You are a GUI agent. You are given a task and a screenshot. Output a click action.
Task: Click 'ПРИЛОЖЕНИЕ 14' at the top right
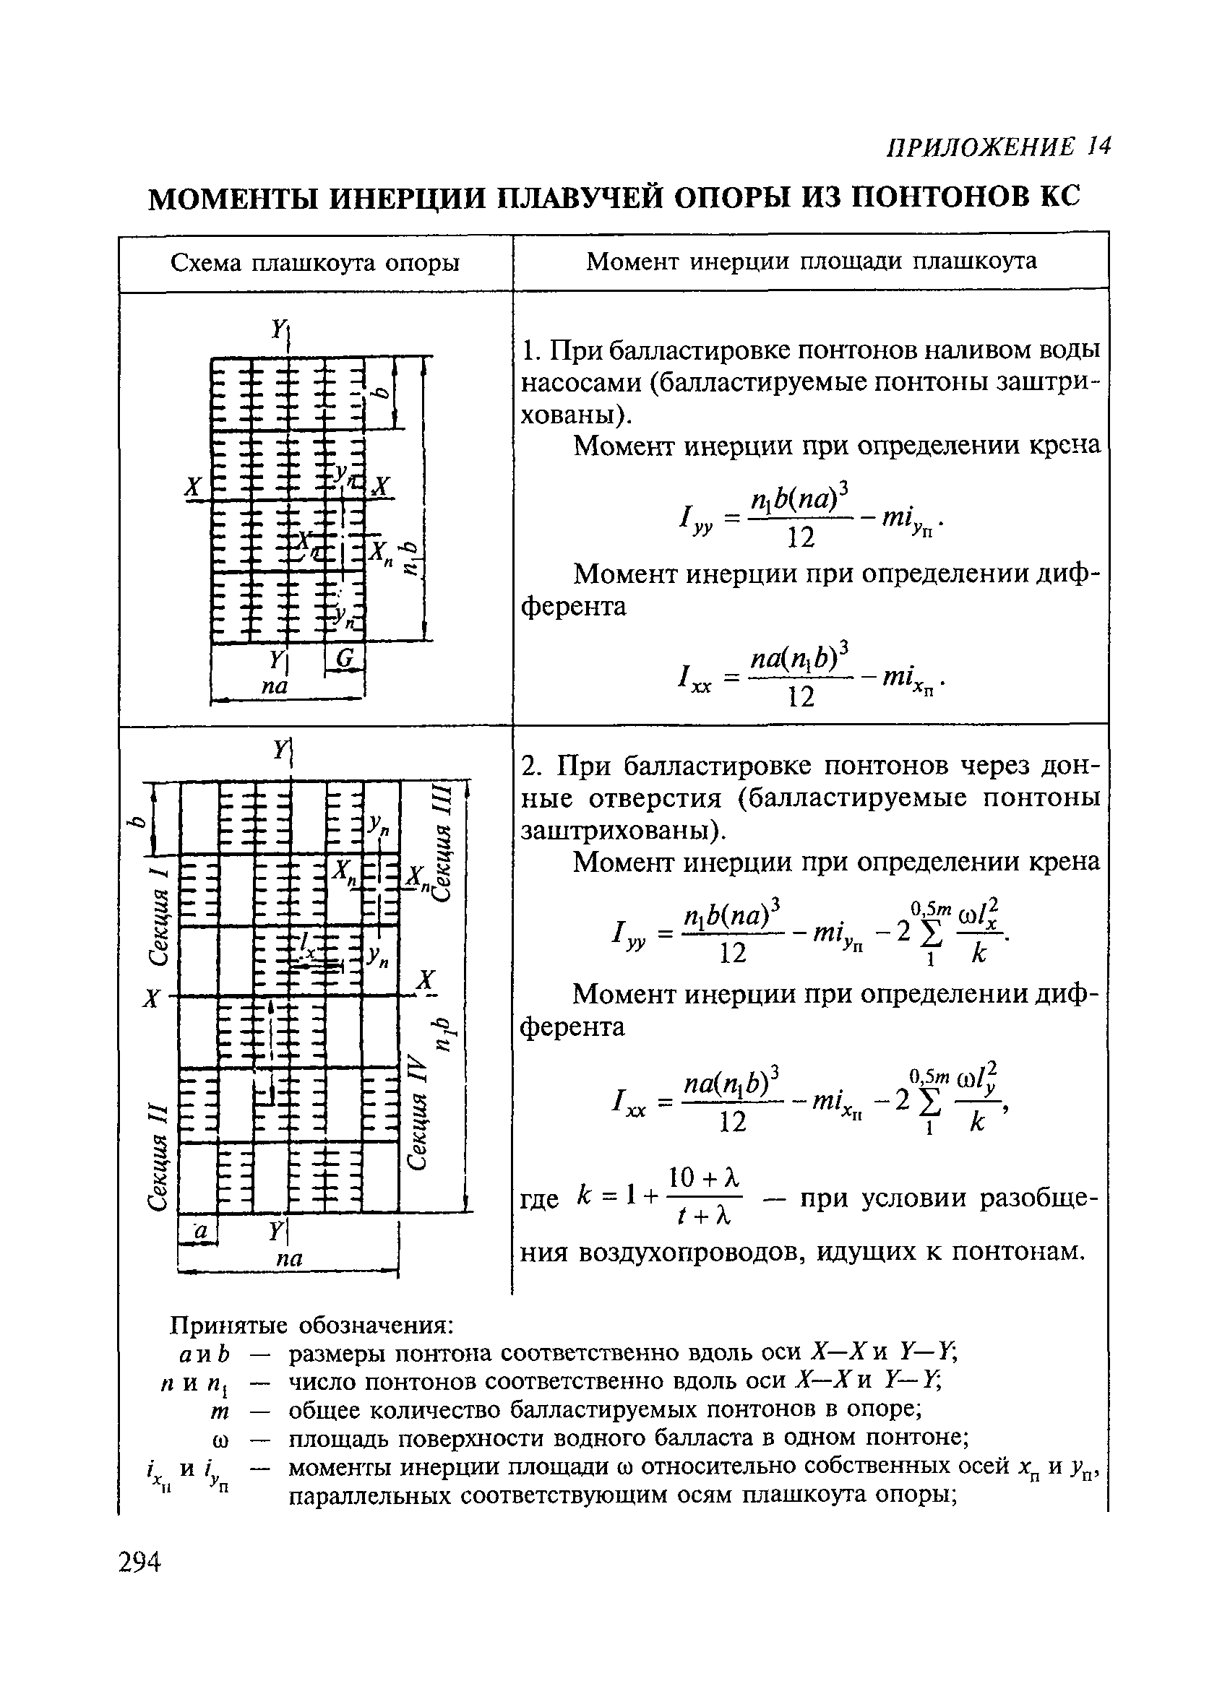click(998, 147)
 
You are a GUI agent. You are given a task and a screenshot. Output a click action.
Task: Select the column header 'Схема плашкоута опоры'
click(314, 263)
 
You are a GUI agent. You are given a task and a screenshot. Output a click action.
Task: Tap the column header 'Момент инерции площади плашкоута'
click(811, 262)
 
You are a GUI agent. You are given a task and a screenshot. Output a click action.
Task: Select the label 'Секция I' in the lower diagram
click(157, 915)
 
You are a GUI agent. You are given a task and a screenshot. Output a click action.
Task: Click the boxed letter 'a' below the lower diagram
click(199, 1232)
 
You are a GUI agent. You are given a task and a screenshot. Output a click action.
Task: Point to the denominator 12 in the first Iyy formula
click(800, 537)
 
